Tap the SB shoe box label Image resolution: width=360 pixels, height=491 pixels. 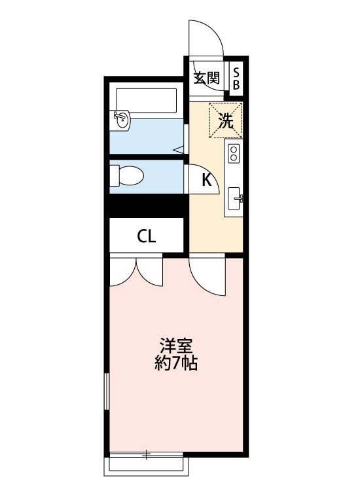coord(236,78)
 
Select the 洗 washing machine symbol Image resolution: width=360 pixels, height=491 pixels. coord(226,120)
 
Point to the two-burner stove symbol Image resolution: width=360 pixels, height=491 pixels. coord(233,155)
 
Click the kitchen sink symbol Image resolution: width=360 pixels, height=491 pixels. coord(234,198)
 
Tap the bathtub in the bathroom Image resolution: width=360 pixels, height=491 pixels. coord(147,100)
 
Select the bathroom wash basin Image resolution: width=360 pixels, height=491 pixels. coord(122,119)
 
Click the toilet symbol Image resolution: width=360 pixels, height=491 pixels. coord(127,175)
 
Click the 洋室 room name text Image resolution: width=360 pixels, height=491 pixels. coord(175,345)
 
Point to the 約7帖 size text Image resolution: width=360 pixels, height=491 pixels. coord(175,363)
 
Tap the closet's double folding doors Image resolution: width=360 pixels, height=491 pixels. coord(136,271)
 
